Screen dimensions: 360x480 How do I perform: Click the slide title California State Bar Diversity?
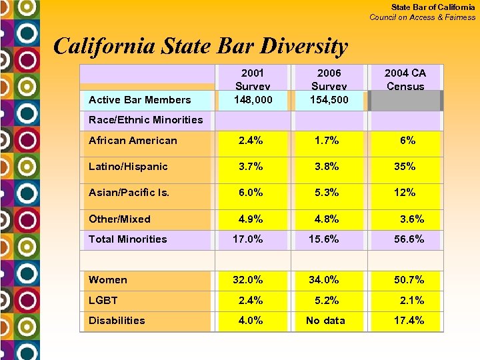click(200, 46)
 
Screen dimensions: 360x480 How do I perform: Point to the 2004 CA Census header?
click(405, 79)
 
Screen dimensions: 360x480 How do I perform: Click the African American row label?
click(133, 141)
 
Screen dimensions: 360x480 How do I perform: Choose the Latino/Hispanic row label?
click(128, 167)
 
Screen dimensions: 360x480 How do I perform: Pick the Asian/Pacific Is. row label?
click(129, 193)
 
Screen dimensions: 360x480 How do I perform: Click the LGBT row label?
click(103, 300)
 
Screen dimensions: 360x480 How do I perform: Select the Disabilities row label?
click(117, 321)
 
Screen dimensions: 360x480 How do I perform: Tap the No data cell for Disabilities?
click(325, 321)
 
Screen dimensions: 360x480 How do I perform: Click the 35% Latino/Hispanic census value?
click(405, 167)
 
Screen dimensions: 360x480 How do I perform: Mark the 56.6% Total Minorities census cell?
click(407, 239)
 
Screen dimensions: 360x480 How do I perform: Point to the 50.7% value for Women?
click(408, 280)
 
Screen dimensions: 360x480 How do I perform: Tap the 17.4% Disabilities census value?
click(408, 321)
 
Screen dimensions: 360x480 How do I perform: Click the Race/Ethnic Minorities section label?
click(145, 120)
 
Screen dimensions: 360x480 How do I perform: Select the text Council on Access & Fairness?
click(423, 17)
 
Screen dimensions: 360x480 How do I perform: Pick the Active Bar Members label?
click(139, 100)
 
